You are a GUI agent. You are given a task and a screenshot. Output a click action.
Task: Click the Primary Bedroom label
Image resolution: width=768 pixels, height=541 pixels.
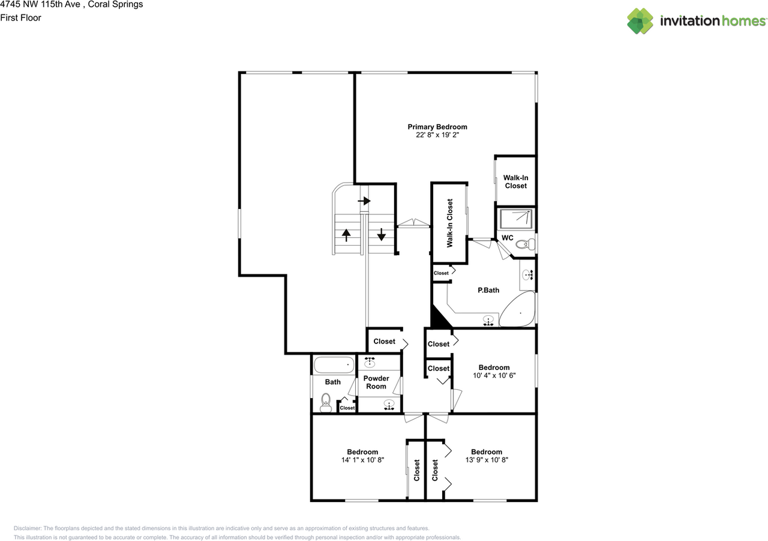[437, 127]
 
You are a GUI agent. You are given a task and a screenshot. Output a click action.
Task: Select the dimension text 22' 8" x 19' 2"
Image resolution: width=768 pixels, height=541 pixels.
[437, 135]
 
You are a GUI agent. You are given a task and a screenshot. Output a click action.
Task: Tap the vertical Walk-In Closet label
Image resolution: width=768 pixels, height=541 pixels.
[449, 223]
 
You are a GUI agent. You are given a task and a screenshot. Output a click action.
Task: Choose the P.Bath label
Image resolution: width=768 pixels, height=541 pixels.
[488, 290]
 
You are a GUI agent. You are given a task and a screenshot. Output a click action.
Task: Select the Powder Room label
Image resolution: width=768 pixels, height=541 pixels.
[376, 382]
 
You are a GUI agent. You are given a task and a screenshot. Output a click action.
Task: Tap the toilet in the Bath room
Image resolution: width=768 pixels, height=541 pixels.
[326, 402]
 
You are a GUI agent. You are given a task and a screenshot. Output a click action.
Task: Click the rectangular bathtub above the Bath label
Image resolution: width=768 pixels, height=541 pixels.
[334, 364]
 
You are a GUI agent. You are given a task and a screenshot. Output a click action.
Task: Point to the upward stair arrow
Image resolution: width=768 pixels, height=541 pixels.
[346, 234]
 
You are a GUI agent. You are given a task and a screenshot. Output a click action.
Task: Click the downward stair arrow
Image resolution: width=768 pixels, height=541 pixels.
[381, 234]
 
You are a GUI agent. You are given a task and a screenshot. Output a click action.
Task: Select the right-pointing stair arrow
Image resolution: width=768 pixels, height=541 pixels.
[364, 201]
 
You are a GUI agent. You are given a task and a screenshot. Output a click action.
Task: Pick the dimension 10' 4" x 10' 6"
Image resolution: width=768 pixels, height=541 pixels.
[494, 375]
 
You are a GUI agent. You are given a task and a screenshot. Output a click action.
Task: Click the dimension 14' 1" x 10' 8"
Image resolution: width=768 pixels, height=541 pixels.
[362, 460]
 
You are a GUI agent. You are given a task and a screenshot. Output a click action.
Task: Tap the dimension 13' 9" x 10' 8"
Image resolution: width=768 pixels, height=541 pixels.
[486, 460]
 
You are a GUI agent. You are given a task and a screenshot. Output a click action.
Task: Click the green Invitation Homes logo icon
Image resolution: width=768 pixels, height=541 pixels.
[640, 21]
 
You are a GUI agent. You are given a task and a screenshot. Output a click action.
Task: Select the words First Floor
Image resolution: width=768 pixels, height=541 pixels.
[20, 17]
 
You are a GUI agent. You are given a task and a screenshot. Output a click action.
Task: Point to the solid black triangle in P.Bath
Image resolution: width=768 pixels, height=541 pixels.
[439, 318]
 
